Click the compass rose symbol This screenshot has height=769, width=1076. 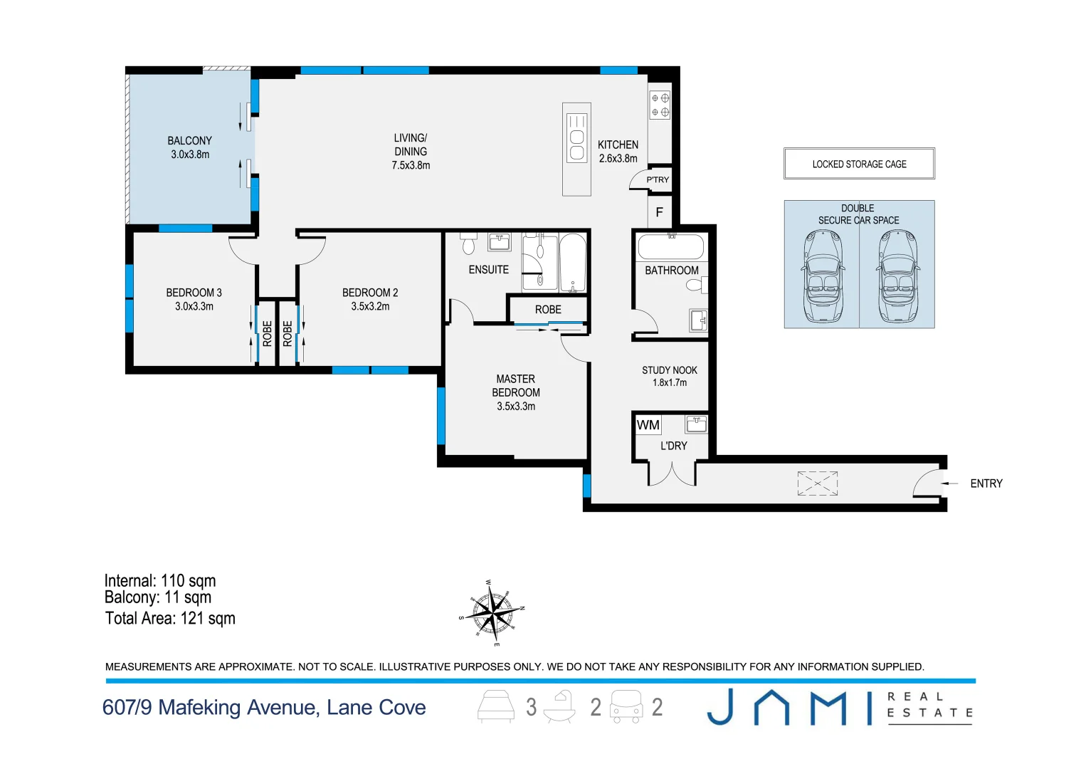coord(492,613)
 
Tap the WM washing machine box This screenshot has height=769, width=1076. coord(648,425)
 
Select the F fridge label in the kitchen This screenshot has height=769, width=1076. coord(660,212)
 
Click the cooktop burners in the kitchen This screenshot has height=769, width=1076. coord(660,105)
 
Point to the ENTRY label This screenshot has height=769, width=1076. coord(986,483)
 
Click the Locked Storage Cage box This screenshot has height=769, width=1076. coord(860,164)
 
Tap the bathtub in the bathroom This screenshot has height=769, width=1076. coord(671,247)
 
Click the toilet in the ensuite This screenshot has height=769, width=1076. coord(468,244)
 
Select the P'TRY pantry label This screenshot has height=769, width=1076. coord(658,179)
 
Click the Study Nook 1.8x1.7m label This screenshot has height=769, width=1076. coord(670,377)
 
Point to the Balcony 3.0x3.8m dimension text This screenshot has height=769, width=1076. coord(190,155)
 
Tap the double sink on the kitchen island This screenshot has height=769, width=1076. coord(576,138)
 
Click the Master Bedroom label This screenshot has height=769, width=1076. coord(516,385)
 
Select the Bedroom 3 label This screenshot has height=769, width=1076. coord(194,293)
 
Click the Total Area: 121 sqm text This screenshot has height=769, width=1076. coord(170,618)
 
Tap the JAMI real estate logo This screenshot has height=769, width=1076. coord(840,708)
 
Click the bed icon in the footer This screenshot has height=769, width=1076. coord(496,706)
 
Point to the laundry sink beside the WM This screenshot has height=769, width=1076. coord(697,424)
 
